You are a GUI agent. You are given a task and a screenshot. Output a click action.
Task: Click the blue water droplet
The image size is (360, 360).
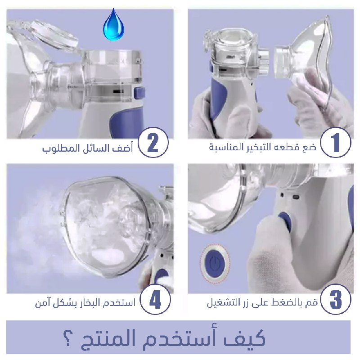[x=114, y=25]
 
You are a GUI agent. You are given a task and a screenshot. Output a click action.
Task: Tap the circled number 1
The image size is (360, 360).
[x=335, y=142]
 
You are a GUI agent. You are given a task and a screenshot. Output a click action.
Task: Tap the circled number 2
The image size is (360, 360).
[x=153, y=142]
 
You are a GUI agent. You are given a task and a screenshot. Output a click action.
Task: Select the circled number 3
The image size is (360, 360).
[x=336, y=299]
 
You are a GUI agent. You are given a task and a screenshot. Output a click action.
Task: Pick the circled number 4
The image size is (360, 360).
[x=155, y=300]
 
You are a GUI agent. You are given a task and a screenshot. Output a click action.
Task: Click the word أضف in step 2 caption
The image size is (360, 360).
[x=123, y=148]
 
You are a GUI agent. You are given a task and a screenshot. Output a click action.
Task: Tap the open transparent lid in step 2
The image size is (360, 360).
[x=54, y=35]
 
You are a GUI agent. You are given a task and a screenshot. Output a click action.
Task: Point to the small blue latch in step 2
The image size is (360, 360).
[x=139, y=93]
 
